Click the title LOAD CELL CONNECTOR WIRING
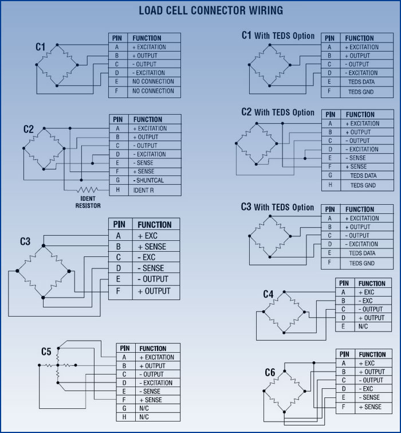[211, 10]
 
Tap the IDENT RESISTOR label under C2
[88, 202]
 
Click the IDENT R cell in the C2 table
[143, 190]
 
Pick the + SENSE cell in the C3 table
[152, 247]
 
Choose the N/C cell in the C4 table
[363, 326]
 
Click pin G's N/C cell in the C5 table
[144, 408]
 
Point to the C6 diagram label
[270, 372]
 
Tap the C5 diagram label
[46, 352]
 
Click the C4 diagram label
[268, 294]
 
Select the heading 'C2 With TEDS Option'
[278, 112]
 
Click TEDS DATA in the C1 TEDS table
[361, 82]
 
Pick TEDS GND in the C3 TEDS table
[362, 263]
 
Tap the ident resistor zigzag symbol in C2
[88, 190]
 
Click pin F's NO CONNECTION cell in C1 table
[153, 91]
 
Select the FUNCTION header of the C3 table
[155, 224]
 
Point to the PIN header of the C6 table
[344, 354]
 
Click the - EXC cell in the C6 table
[365, 389]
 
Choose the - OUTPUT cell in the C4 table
[371, 309]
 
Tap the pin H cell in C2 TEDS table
[330, 185]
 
